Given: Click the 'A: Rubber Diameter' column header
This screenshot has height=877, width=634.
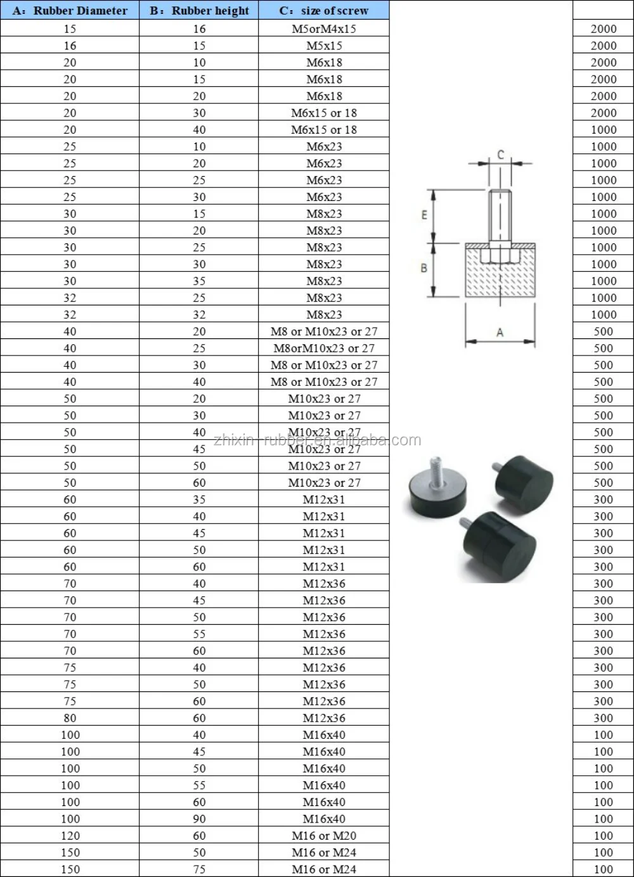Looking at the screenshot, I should pyautogui.click(x=70, y=11).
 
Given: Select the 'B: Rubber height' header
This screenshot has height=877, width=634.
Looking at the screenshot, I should pyautogui.click(x=199, y=11).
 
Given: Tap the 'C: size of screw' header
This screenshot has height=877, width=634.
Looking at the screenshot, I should pyautogui.click(x=324, y=11).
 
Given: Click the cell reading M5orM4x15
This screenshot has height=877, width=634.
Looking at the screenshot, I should pyautogui.click(x=324, y=29).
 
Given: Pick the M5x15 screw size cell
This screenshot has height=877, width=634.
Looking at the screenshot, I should pyautogui.click(x=324, y=46).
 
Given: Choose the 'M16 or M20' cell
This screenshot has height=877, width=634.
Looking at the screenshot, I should pyautogui.click(x=324, y=836).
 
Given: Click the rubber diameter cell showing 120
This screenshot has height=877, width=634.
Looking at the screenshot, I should pyautogui.click(x=70, y=836).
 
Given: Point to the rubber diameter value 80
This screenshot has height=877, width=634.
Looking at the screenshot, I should pyautogui.click(x=70, y=718).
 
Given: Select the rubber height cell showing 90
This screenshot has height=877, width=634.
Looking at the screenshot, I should pyautogui.click(x=199, y=819).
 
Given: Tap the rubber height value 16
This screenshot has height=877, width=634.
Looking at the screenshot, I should pyautogui.click(x=199, y=29).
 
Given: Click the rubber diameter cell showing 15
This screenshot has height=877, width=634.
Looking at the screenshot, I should pyautogui.click(x=70, y=29).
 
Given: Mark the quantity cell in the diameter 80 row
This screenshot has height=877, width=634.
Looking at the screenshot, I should pyautogui.click(x=603, y=718).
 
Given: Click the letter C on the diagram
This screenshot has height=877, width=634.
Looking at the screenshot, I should pyautogui.click(x=500, y=155).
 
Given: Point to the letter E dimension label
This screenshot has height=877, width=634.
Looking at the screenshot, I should pyautogui.click(x=424, y=215).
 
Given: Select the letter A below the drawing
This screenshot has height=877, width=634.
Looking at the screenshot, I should pyautogui.click(x=500, y=332).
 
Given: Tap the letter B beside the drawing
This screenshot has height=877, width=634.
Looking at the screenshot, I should pyautogui.click(x=424, y=268).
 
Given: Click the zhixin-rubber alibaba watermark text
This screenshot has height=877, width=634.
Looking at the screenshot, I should pyautogui.click(x=317, y=440).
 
